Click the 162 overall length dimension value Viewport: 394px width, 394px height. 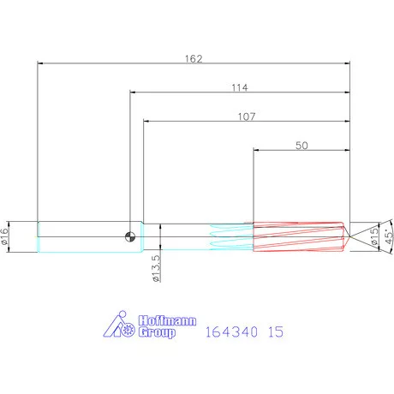(194, 58)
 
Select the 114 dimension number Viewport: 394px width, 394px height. (239, 87)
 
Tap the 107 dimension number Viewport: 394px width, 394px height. (246, 116)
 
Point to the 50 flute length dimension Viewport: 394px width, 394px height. (301, 146)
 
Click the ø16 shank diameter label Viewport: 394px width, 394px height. (7, 237)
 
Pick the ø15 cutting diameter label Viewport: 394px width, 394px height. (374, 237)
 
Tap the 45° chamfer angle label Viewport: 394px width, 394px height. (388, 237)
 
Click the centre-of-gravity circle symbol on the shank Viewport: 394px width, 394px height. (129, 237)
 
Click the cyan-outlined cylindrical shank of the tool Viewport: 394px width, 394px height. (81, 237)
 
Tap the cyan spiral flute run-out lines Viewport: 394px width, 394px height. (230, 237)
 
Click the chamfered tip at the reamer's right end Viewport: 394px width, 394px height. (345, 237)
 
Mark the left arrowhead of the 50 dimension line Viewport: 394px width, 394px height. (257, 151)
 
